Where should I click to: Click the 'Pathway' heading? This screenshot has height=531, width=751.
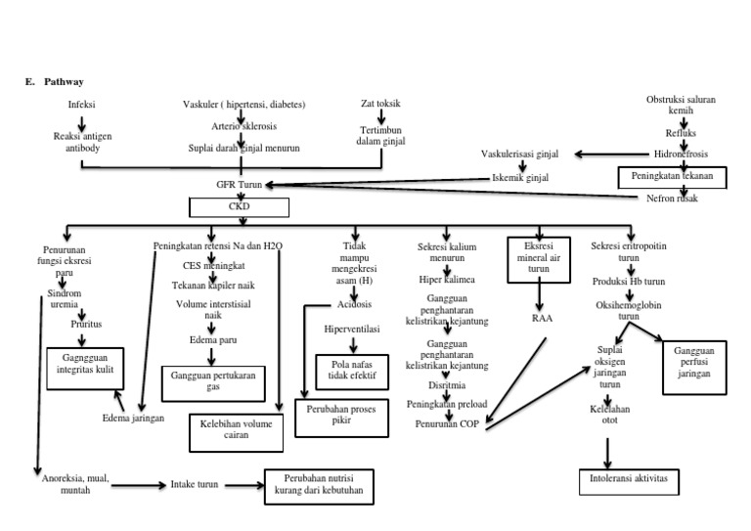[x=64, y=81]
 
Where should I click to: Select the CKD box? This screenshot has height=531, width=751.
[x=240, y=207]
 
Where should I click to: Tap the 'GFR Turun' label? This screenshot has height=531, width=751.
[x=239, y=184]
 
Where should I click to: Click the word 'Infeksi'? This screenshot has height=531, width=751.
[x=82, y=104]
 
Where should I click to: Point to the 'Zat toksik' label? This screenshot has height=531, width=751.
[x=380, y=104]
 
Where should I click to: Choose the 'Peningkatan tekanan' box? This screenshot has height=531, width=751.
[x=671, y=176]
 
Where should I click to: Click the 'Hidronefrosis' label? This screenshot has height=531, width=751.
[x=681, y=154]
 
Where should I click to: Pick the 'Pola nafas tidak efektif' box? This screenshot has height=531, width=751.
[x=354, y=371]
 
